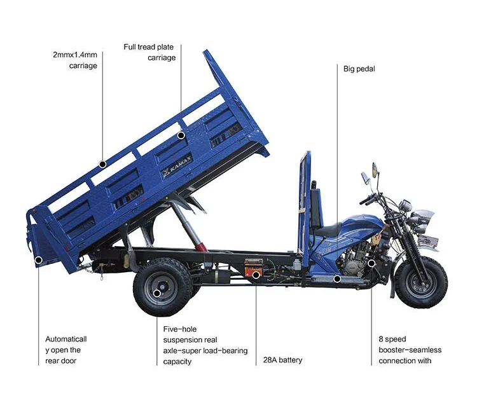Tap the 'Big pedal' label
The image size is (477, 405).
pyautogui.click(x=359, y=69)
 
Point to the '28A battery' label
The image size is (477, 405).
pyautogui.click(x=282, y=360)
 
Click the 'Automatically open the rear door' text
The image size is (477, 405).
pyautogui.click(x=66, y=350)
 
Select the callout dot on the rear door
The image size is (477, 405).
pyautogui.click(x=38, y=259)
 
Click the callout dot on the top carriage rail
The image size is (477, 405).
pyautogui.click(x=102, y=164)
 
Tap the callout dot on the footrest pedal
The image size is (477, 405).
pyautogui.click(x=338, y=278)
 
